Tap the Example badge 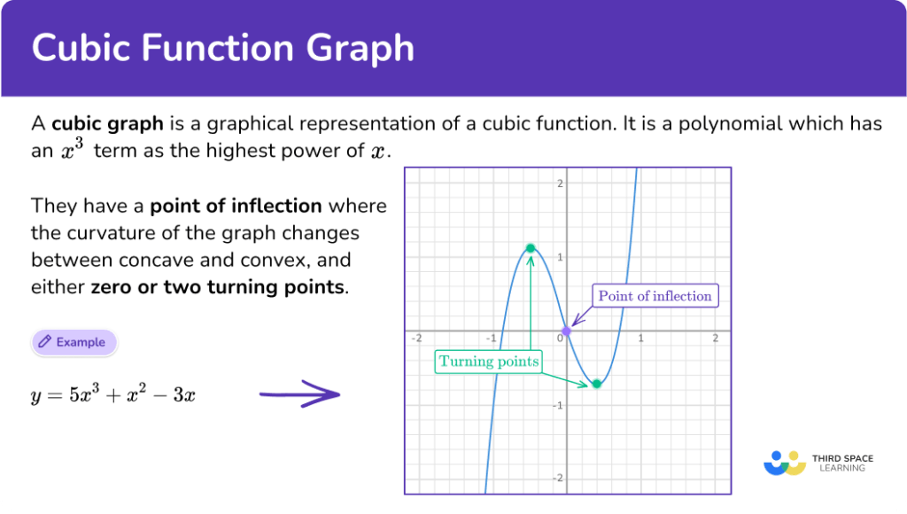coord(74,342)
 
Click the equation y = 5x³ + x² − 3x coord(112,394)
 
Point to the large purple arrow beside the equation coord(299,394)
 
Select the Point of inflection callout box coord(655,296)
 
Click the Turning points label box coord(489,362)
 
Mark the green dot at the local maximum coord(531,248)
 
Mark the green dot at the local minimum coord(597,384)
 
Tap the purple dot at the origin coord(566,331)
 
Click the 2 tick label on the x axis coord(716,338)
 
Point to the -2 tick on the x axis coord(416,338)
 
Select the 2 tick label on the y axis coord(560,183)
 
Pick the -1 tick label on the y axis coord(558,406)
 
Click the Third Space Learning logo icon coord(785,463)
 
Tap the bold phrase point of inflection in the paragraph coord(236,206)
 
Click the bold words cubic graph coord(107,123)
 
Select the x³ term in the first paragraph coord(73,150)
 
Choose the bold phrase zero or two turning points coord(218,287)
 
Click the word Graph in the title coord(360,49)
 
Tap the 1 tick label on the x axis coord(641,338)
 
